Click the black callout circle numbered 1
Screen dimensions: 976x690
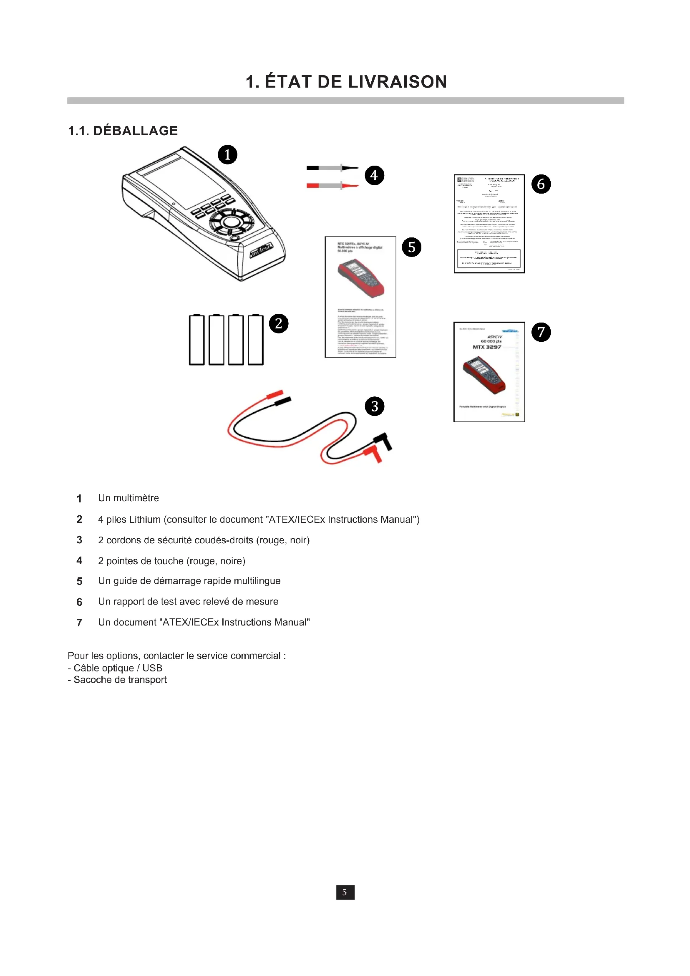pyautogui.click(x=227, y=154)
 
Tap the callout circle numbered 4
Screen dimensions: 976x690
pyautogui.click(x=374, y=175)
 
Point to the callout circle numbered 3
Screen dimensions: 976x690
pyautogui.click(x=374, y=406)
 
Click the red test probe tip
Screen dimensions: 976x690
pyautogui.click(x=351, y=186)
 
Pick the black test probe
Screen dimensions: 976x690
pyautogui.click(x=332, y=168)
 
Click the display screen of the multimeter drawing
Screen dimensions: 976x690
pyautogui.click(x=184, y=181)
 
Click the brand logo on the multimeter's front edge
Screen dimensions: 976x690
pyautogui.click(x=261, y=251)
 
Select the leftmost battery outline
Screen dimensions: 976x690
pyautogui.click(x=196, y=340)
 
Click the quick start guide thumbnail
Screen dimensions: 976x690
pyautogui.click(x=360, y=297)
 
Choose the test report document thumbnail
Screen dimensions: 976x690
pyautogui.click(x=489, y=224)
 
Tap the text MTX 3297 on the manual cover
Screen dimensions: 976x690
pyautogui.click(x=487, y=347)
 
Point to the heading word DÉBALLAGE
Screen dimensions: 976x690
pyautogui.click(x=135, y=131)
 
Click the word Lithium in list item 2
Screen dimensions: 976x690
pyautogui.click(x=145, y=520)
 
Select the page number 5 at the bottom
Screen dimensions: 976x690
pyautogui.click(x=345, y=892)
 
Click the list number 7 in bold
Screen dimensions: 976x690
pyautogui.click(x=79, y=623)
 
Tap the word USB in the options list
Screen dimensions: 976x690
pyautogui.click(x=152, y=668)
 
